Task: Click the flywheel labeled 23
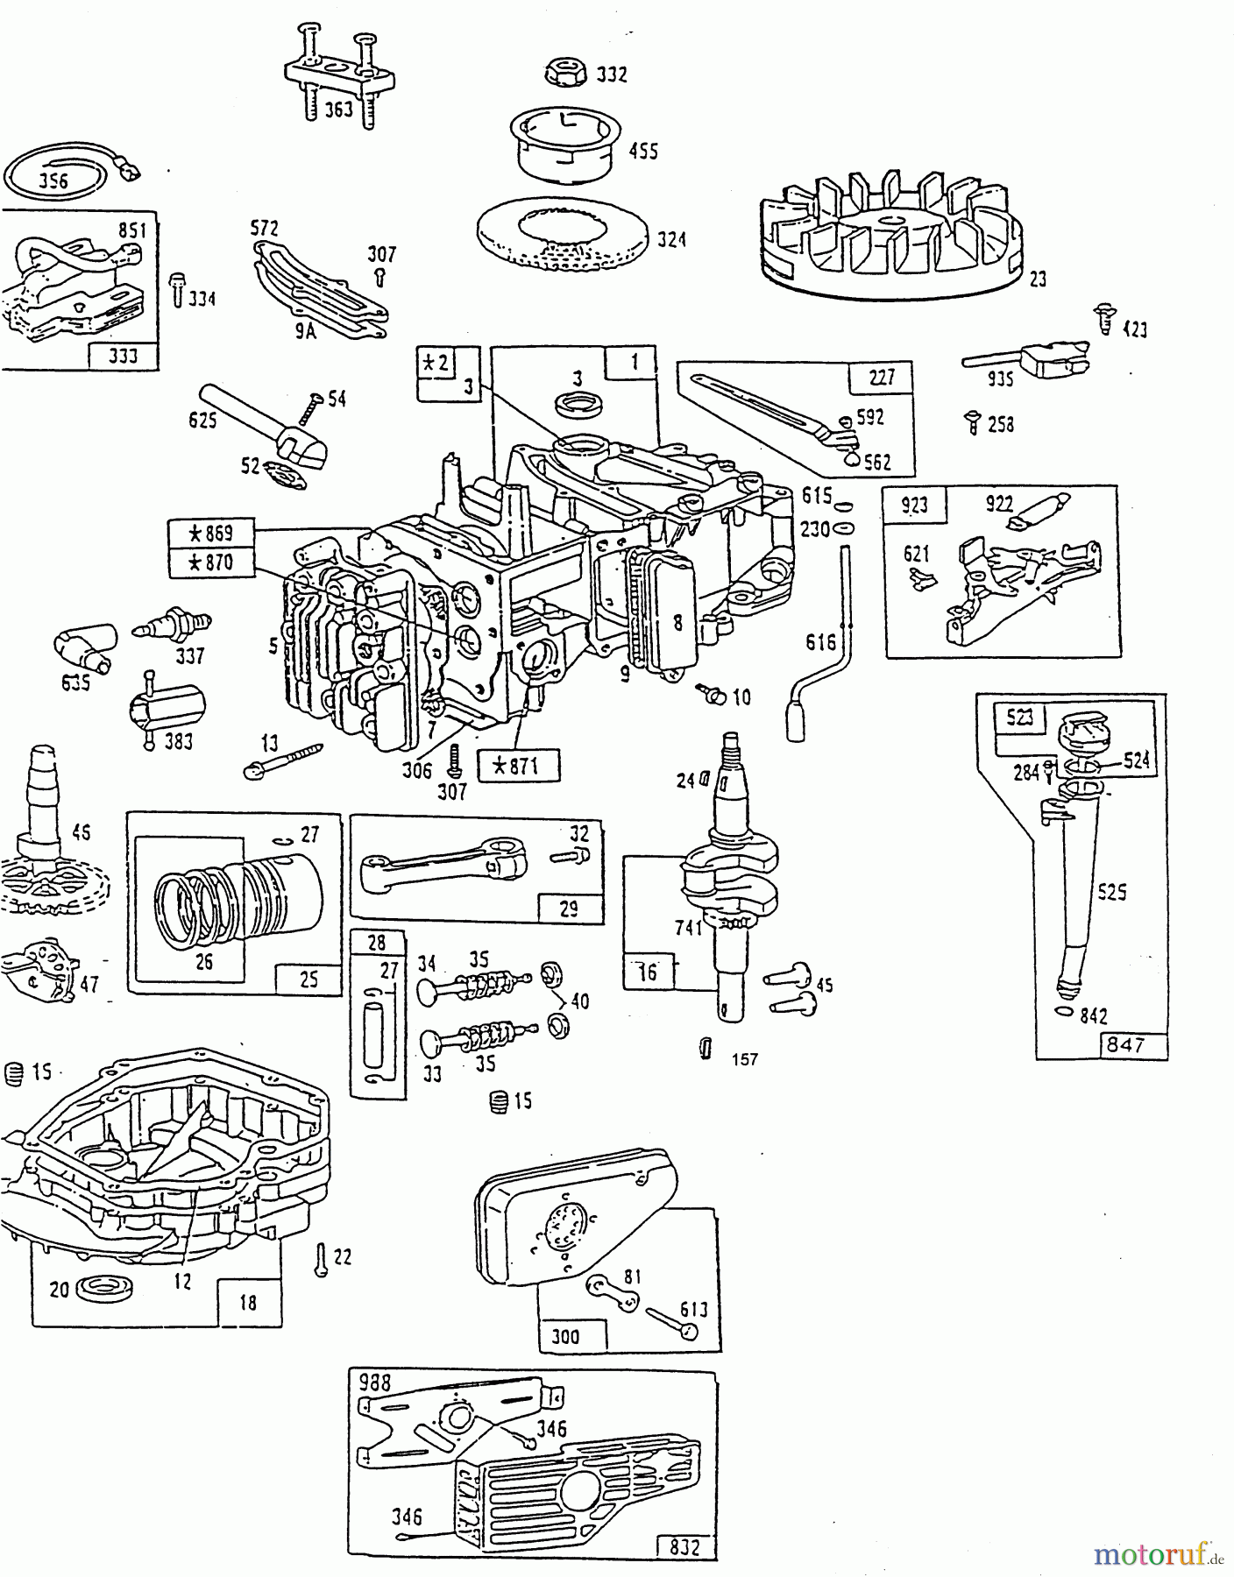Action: pyautogui.click(x=890, y=230)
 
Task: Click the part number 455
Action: pyautogui.click(x=643, y=152)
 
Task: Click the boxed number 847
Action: pyautogui.click(x=1125, y=1044)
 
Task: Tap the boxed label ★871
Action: pyautogui.click(x=518, y=766)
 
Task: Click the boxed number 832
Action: pyautogui.click(x=684, y=1546)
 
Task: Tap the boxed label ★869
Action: pyautogui.click(x=211, y=533)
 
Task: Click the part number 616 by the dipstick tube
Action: pyautogui.click(x=820, y=642)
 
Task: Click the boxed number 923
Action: pyautogui.click(x=907, y=506)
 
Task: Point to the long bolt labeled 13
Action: pyautogui.click(x=282, y=759)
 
